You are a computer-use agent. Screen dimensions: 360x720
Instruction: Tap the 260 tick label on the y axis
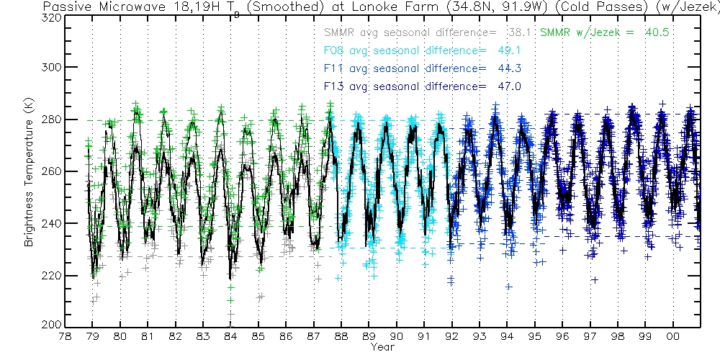(50, 171)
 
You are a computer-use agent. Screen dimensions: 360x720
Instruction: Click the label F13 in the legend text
(333, 86)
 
